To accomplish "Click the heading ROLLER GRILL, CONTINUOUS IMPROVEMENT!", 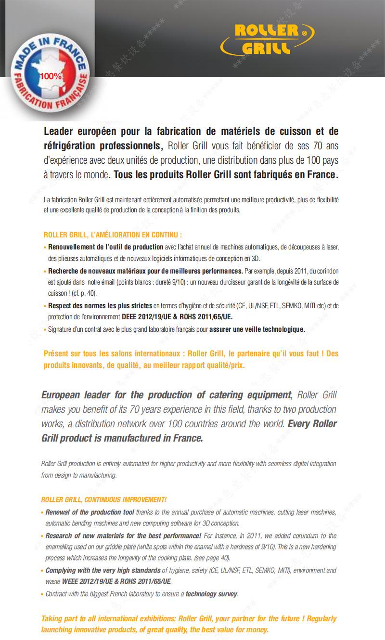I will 104,499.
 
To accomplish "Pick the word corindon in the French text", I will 327,271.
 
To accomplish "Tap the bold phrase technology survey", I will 211,594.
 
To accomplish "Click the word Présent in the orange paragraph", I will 57,353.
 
